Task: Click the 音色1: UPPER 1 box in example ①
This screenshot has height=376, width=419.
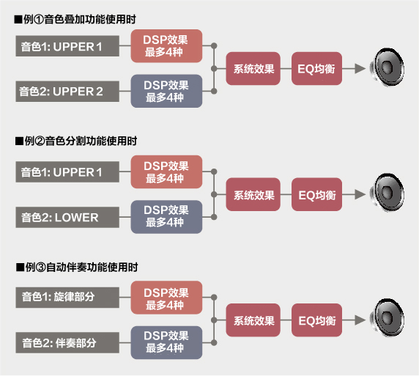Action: tap(67, 46)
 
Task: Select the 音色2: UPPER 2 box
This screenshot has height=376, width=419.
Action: tap(67, 92)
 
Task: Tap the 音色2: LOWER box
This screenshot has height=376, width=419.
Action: tap(67, 217)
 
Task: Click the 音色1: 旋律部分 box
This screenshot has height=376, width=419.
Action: tap(67, 298)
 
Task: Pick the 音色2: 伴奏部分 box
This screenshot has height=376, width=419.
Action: tap(67, 342)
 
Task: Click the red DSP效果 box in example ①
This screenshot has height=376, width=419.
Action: tap(166, 46)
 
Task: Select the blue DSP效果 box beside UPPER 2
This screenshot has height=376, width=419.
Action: tap(166, 91)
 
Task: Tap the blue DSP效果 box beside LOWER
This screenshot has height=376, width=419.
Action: tap(166, 217)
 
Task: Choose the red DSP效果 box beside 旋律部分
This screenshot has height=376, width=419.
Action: tap(166, 298)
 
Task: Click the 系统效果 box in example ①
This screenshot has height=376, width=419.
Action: tap(253, 69)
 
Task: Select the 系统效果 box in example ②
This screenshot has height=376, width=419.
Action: tap(253, 194)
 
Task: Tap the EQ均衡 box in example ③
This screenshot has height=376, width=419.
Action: tap(316, 320)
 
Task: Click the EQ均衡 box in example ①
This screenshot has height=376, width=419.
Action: tap(316, 69)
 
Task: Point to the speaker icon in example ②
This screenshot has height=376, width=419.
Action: tap(387, 193)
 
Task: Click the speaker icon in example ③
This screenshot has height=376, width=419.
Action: tap(387, 318)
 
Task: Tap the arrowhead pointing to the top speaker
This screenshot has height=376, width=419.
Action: tap(360, 69)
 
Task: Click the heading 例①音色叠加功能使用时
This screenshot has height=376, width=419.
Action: tap(75, 20)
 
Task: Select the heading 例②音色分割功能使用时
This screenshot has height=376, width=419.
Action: tap(76, 141)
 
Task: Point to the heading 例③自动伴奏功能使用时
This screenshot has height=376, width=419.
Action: tap(77, 267)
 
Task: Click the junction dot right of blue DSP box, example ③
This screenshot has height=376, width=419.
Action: tap(214, 343)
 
